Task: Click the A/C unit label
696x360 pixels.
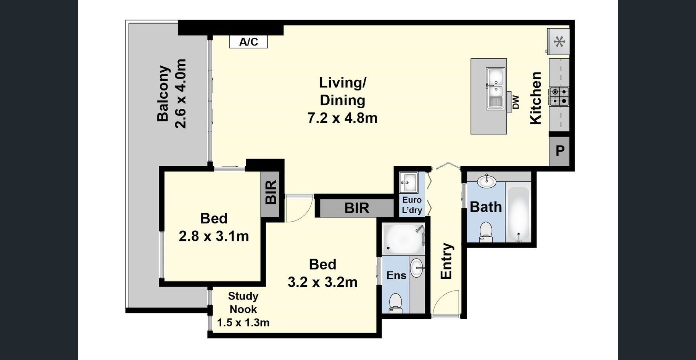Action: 248,42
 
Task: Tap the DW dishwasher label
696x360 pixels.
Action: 516,102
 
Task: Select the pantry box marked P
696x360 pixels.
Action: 559,151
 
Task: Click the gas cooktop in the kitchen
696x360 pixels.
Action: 559,96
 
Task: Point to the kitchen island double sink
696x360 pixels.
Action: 496,89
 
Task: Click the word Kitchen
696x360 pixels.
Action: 536,98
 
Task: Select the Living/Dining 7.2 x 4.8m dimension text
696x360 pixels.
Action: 343,118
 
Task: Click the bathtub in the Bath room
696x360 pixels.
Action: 518,214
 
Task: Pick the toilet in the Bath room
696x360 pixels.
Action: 486,232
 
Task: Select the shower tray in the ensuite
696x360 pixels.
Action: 403,239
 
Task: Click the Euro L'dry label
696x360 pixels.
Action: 412,205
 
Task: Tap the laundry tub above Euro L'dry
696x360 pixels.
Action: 408,183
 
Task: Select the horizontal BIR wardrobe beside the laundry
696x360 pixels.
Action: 356,208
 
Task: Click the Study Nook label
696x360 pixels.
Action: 243,302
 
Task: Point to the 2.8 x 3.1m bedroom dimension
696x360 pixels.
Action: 214,236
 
